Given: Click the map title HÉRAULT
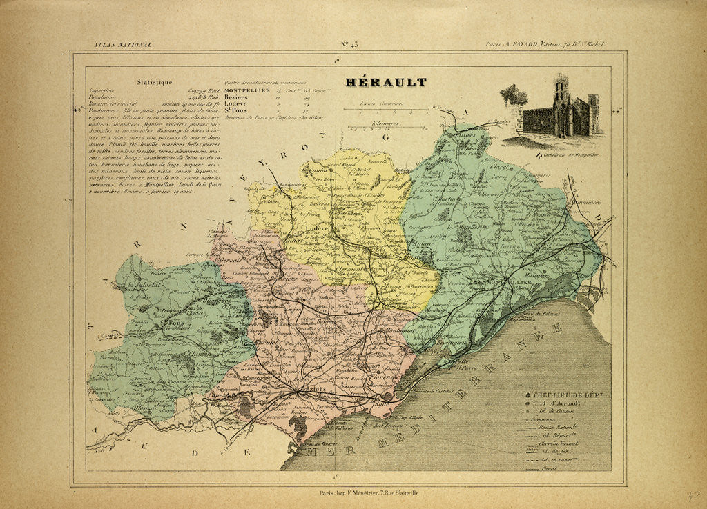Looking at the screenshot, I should click(x=386, y=83).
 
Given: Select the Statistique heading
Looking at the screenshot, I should click(x=154, y=82).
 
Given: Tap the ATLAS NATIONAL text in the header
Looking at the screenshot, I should click(x=124, y=45).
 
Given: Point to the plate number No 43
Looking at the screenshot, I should click(x=349, y=45).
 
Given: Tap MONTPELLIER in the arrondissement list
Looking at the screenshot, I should click(x=250, y=90).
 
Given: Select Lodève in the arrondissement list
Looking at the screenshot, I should click(x=239, y=103).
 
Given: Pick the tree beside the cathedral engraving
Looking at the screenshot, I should click(x=513, y=96).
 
